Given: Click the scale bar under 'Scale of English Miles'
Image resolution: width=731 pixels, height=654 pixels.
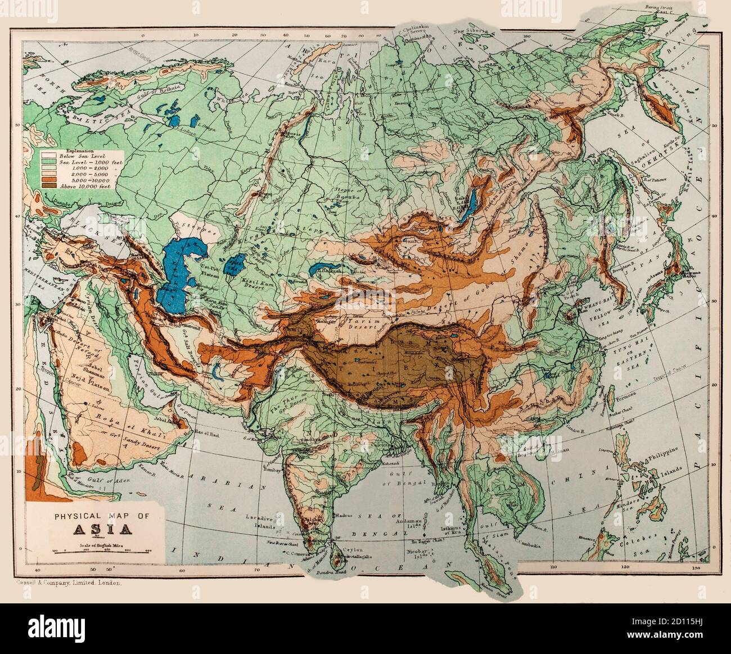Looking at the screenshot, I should (99, 553).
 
